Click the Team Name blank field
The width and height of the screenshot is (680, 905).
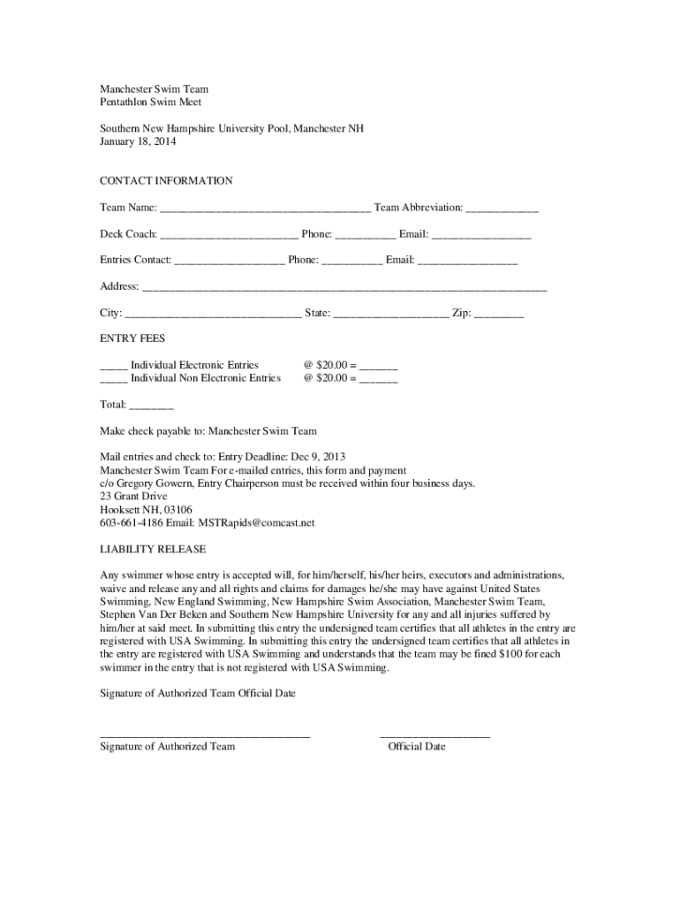(265, 209)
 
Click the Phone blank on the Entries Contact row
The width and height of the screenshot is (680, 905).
(351, 262)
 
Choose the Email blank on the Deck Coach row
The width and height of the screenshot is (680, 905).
(481, 236)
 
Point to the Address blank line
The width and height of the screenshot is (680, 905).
(344, 289)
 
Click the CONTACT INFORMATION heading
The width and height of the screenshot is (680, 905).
(166, 181)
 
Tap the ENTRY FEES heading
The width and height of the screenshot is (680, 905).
(132, 338)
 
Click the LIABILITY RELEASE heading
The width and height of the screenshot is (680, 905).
(153, 549)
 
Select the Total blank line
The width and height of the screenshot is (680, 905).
(151, 407)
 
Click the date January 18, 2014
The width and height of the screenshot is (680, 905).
(138, 141)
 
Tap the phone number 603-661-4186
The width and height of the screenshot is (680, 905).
(128, 523)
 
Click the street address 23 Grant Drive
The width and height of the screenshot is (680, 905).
(133, 497)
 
